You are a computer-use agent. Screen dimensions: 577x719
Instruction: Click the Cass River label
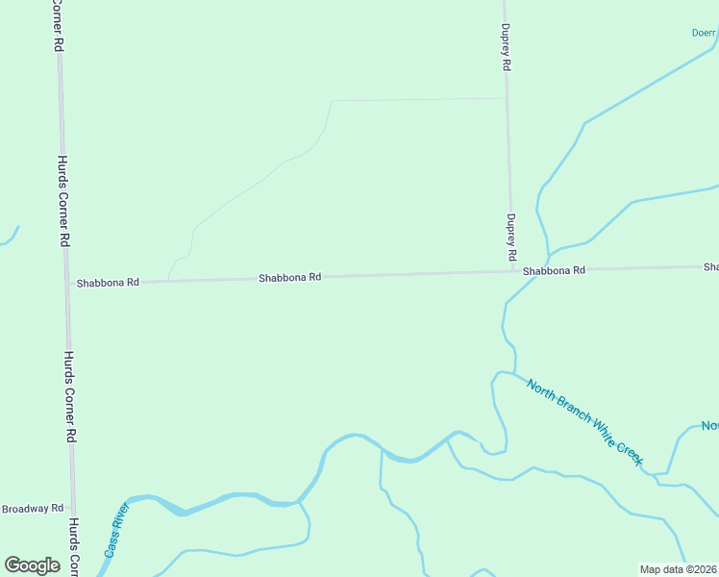tap(116, 531)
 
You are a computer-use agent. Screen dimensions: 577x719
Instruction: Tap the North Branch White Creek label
tap(583, 421)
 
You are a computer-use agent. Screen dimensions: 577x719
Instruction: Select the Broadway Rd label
tap(32, 508)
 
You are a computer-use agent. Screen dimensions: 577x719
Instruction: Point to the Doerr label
tap(705, 32)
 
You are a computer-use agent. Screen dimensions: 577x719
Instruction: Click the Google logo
tap(32, 565)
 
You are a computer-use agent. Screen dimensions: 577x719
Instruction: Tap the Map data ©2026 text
tap(679, 569)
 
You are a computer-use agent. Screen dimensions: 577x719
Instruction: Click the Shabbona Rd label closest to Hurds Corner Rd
tap(108, 283)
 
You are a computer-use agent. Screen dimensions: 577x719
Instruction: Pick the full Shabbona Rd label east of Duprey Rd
tap(554, 271)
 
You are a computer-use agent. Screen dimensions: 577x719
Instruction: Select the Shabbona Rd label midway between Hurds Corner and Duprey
tap(289, 278)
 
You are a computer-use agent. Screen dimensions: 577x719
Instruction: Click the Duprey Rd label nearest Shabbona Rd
tap(511, 239)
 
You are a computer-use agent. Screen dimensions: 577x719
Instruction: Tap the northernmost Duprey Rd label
tap(505, 49)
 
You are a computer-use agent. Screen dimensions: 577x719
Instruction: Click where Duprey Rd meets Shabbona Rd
tap(510, 272)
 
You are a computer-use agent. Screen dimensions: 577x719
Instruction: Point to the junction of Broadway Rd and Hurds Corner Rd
tap(72, 508)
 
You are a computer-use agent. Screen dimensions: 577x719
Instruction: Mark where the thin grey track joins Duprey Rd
tap(507, 98)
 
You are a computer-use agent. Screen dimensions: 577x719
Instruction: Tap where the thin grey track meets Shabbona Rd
tap(168, 281)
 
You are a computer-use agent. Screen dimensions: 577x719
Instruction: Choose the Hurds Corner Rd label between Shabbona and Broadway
tap(69, 396)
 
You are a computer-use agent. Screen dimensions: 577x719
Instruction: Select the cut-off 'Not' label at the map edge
tap(709, 426)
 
